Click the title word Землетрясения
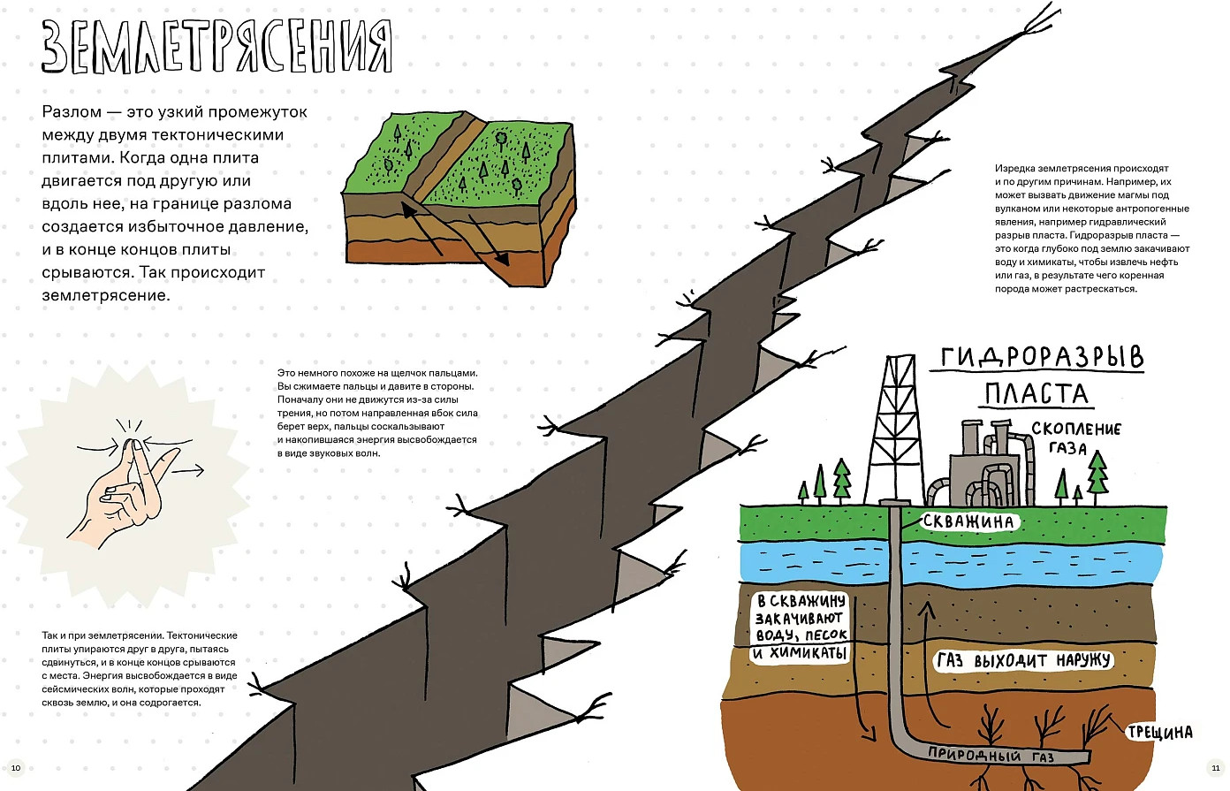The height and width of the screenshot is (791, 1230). click(217, 47)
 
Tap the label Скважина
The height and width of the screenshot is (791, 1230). click(968, 521)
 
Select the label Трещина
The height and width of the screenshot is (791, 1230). click(1159, 732)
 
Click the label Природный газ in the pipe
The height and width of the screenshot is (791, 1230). click(991, 755)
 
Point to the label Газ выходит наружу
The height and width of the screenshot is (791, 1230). click(1023, 659)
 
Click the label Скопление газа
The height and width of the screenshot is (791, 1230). click(1075, 437)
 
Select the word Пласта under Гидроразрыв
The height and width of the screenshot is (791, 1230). click(1036, 393)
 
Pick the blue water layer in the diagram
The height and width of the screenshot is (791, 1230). click(952, 562)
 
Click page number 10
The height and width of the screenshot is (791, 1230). click(16, 768)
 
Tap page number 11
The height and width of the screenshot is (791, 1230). click(1215, 768)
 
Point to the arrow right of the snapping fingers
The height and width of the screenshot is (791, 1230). click(188, 470)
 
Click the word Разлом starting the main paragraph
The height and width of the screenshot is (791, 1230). click(72, 112)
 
